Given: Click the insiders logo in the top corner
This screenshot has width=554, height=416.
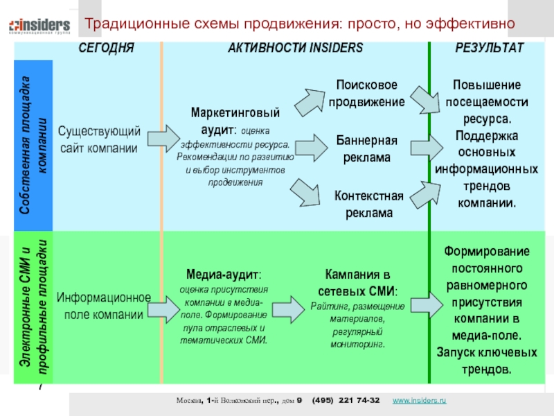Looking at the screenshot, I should point(39,26).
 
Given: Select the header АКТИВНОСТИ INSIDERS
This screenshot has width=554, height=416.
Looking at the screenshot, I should point(296,48).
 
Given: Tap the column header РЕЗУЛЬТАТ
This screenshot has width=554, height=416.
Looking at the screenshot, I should point(490,48).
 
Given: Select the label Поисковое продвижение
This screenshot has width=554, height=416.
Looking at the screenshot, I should point(366,93).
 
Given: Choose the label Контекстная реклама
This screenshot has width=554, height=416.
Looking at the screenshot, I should point(369,204).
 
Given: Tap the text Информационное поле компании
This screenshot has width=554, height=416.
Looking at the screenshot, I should point(104,306).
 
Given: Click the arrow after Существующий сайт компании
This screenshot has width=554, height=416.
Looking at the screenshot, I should point(161,138).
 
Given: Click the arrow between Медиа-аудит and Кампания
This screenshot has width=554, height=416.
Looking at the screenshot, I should point(289,306).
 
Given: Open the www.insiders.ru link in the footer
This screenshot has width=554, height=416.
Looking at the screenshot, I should point(419,401).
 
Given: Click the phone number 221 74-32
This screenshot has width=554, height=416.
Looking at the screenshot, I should point(358,401).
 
